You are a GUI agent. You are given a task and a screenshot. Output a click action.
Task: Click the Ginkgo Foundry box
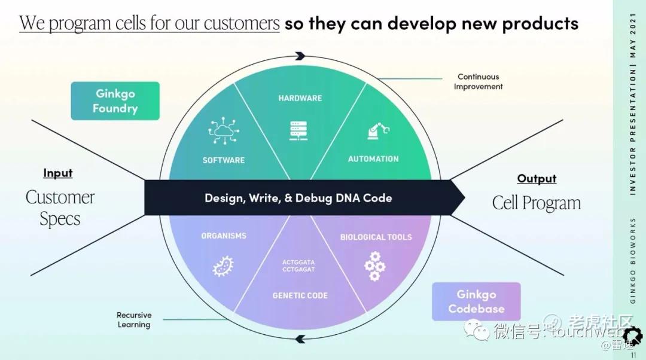tap(115, 101)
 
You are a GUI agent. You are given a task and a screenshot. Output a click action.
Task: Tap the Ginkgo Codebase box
tap(476, 301)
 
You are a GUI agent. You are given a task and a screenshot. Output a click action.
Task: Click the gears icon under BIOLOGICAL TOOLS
tap(374, 266)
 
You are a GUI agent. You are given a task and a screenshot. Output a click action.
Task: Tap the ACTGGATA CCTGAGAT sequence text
tap(298, 266)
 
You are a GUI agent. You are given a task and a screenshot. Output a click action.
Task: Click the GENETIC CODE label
tap(300, 295)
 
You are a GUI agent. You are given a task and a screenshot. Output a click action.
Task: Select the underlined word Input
tap(58, 173)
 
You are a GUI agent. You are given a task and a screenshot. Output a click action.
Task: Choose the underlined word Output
tap(537, 179)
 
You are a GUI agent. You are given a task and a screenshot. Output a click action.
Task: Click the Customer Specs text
tap(60, 208)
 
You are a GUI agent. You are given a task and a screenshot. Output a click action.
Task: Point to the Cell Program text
tap(537, 203)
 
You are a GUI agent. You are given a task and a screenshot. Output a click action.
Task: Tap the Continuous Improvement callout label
tap(478, 82)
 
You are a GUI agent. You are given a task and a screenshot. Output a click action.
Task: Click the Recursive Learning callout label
tap(134, 320)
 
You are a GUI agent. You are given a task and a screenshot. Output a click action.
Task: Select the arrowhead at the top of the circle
tap(300, 56)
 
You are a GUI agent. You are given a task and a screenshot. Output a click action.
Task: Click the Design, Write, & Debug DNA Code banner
tap(298, 198)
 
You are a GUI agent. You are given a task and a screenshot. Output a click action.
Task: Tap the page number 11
tap(633, 355)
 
